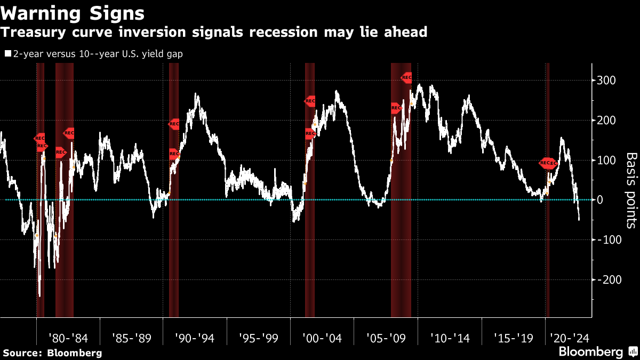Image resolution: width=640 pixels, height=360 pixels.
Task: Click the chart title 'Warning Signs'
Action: click(x=72, y=12)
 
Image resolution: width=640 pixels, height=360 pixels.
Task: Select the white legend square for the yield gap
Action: click(x=8, y=54)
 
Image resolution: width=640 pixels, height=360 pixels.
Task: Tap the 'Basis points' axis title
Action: click(x=631, y=190)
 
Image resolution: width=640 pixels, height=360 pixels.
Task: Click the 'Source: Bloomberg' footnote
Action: click(x=52, y=353)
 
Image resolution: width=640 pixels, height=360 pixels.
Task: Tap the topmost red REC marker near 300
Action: click(x=406, y=78)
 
